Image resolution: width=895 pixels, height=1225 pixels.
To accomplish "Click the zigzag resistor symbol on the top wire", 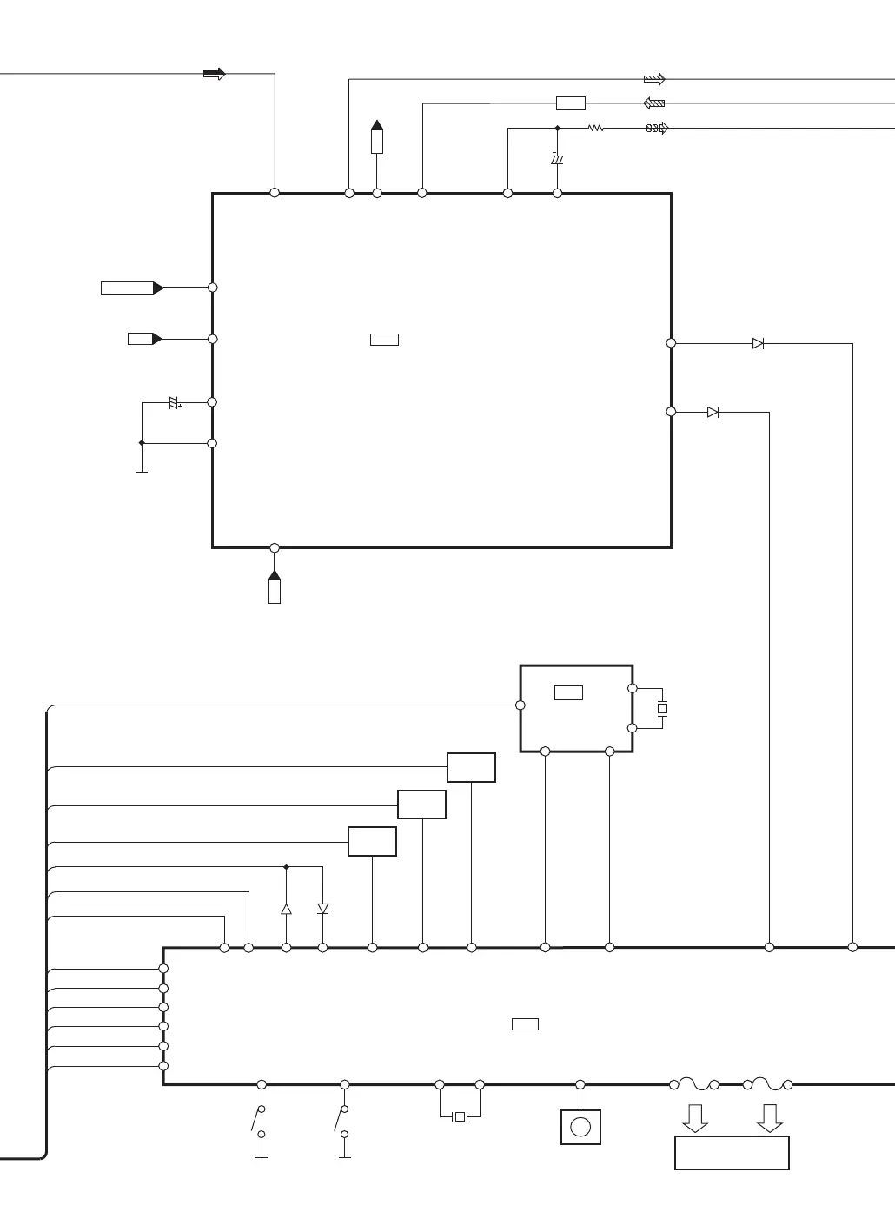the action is [x=595, y=129].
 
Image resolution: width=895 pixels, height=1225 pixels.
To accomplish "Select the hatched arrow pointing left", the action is [x=654, y=103].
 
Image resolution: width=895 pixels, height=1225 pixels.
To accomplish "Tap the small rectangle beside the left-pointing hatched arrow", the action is [x=570, y=103].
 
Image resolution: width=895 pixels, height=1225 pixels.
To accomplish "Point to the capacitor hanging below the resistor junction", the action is [x=557, y=160].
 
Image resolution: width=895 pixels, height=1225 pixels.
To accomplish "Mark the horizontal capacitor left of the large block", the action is [x=175, y=402].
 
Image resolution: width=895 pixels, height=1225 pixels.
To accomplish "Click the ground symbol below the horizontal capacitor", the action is [x=142, y=470].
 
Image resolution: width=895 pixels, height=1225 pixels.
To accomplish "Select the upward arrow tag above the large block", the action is [x=377, y=137].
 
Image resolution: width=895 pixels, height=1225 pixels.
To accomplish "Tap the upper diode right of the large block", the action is [x=758, y=344].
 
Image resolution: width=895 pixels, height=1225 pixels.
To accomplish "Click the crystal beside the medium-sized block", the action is [x=662, y=709].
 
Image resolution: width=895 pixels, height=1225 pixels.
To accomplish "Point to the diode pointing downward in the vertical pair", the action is [x=323, y=909].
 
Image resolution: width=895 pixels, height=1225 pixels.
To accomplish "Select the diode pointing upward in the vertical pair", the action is [x=286, y=909].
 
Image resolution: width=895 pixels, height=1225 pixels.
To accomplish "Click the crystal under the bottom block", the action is [x=460, y=1116].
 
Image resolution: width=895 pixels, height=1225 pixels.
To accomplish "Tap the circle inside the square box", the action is [x=580, y=1128].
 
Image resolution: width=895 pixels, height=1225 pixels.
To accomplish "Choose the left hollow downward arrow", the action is [x=695, y=1118].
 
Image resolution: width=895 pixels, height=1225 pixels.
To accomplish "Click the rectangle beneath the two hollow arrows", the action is [x=732, y=1153].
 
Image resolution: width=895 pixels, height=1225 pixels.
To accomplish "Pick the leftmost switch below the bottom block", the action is [x=258, y=1121].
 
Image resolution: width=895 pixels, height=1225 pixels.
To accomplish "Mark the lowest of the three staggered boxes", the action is [x=372, y=842].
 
